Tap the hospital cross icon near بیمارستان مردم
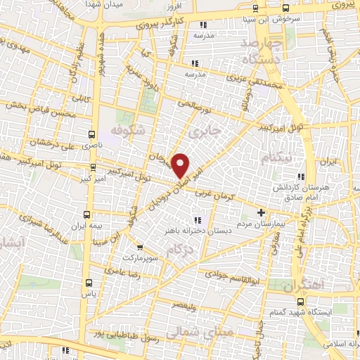261,212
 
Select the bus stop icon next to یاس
89,283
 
